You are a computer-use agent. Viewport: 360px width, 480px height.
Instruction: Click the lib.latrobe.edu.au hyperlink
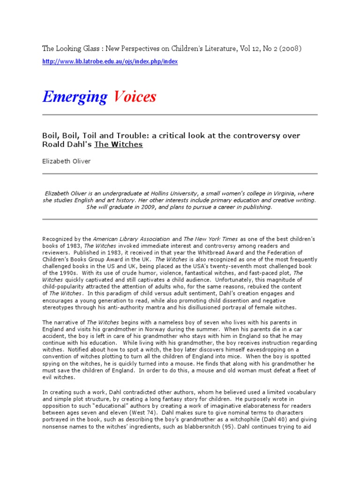pyautogui.click(x=110, y=62)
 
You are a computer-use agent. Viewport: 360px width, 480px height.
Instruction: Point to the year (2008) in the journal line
pyautogui.click(x=291, y=48)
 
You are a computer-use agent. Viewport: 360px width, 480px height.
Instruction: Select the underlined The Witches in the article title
pyautogui.click(x=119, y=144)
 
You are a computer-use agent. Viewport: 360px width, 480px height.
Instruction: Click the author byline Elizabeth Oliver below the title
pyautogui.click(x=67, y=161)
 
